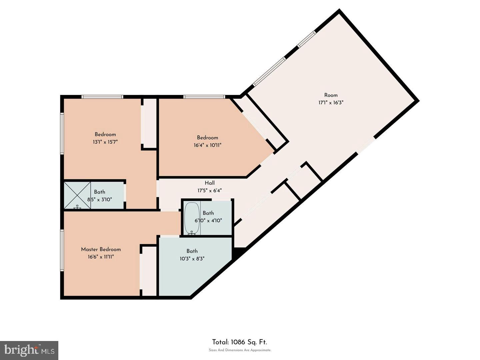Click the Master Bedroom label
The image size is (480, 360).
101,249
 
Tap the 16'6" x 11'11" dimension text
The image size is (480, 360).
101,257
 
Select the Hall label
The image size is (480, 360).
209,183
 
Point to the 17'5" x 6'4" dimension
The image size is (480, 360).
209,190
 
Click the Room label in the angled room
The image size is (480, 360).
331,95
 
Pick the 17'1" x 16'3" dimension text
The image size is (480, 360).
331,103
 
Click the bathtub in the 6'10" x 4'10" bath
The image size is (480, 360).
192,218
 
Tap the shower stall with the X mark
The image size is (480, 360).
77,195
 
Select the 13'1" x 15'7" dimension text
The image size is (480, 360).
105,142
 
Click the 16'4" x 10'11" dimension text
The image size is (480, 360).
208,145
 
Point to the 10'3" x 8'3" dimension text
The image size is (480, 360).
192,259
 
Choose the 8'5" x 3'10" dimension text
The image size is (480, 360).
99,199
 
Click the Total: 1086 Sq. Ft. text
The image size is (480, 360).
240,342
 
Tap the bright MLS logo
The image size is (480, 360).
29,350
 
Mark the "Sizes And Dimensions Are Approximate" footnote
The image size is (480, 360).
240,350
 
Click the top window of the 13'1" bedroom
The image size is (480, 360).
103,97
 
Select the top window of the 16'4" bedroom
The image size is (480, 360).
204,97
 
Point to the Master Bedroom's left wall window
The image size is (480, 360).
62,250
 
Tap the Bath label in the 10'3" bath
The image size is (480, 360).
192,251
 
